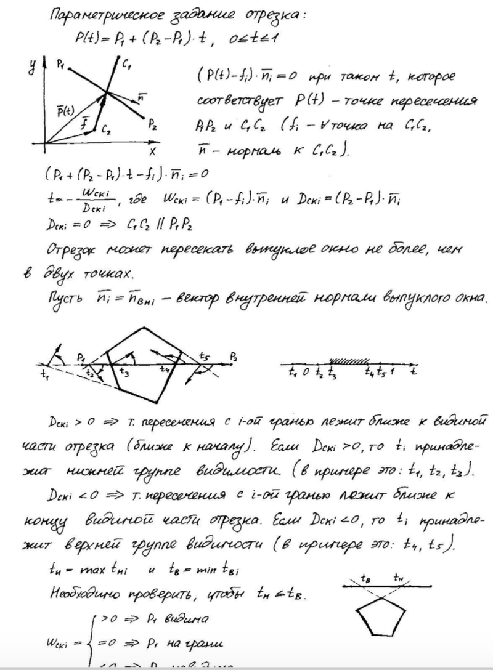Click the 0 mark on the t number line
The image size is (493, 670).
pyautogui.click(x=306, y=373)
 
